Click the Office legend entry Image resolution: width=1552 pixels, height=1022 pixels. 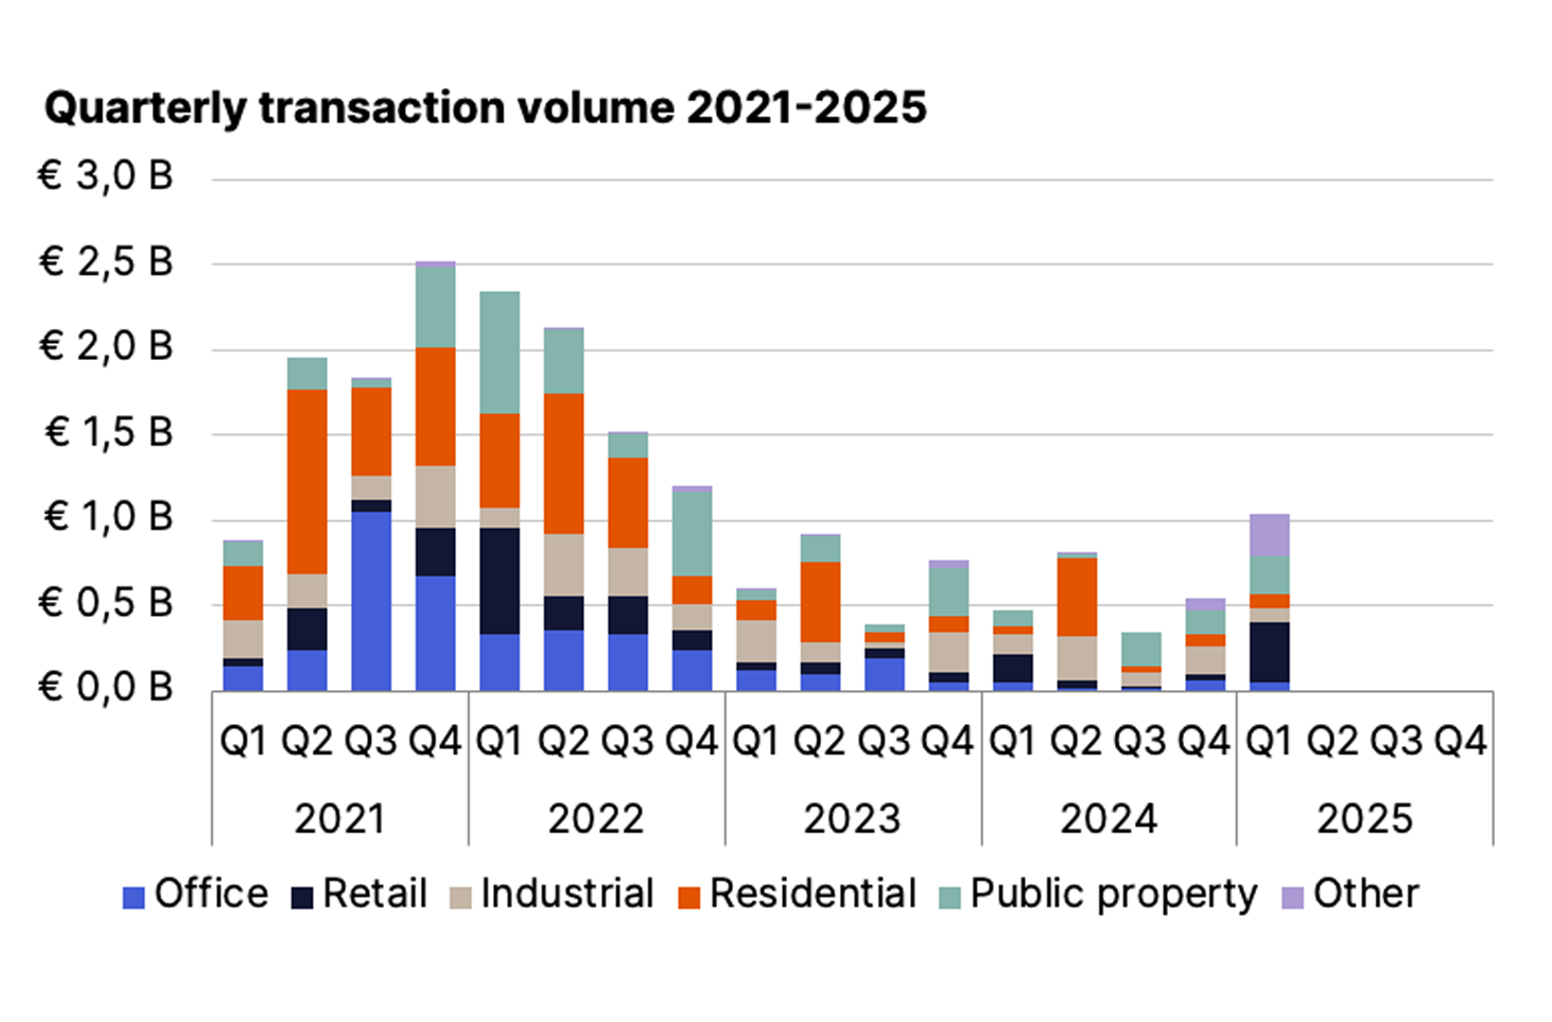tap(196, 894)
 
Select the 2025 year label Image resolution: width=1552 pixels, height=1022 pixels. tap(1365, 819)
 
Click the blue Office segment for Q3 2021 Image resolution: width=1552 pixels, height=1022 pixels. tap(371, 600)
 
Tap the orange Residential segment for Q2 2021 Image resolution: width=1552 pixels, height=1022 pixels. tap(307, 481)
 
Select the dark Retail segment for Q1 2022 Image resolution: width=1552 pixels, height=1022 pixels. tap(500, 581)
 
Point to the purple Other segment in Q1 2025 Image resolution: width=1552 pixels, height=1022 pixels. tap(1269, 535)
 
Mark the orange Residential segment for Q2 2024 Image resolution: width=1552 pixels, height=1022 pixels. tap(1077, 597)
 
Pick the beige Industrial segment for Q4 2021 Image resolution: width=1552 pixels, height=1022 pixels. tap(435, 497)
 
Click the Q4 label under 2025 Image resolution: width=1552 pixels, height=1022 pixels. tap(1461, 741)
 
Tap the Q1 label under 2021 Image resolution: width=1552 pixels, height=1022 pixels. tap(243, 741)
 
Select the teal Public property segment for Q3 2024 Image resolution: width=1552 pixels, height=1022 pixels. tap(1141, 649)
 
